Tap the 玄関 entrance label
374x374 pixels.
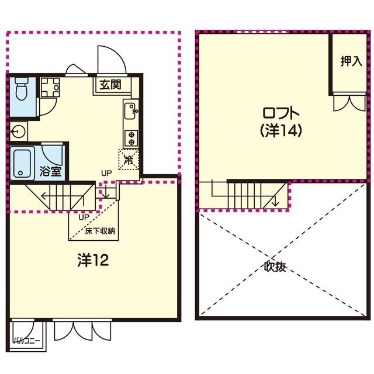(x=110, y=84)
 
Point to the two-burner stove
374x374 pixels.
(x=131, y=138)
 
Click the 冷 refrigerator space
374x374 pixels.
(x=129, y=160)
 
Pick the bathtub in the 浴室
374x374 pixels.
(x=22, y=163)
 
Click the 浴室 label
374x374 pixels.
(x=51, y=171)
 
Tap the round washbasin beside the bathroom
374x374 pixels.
(x=18, y=131)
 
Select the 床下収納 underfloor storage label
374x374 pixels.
(x=100, y=231)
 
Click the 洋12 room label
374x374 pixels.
(x=93, y=260)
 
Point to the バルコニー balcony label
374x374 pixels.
(x=26, y=341)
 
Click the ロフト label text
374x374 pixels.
(x=280, y=113)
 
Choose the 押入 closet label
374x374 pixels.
(x=351, y=61)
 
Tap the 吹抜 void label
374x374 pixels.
(x=275, y=266)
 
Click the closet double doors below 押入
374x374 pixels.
(x=349, y=103)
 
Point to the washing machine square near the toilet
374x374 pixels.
(x=50, y=88)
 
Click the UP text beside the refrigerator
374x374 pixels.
(x=106, y=174)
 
